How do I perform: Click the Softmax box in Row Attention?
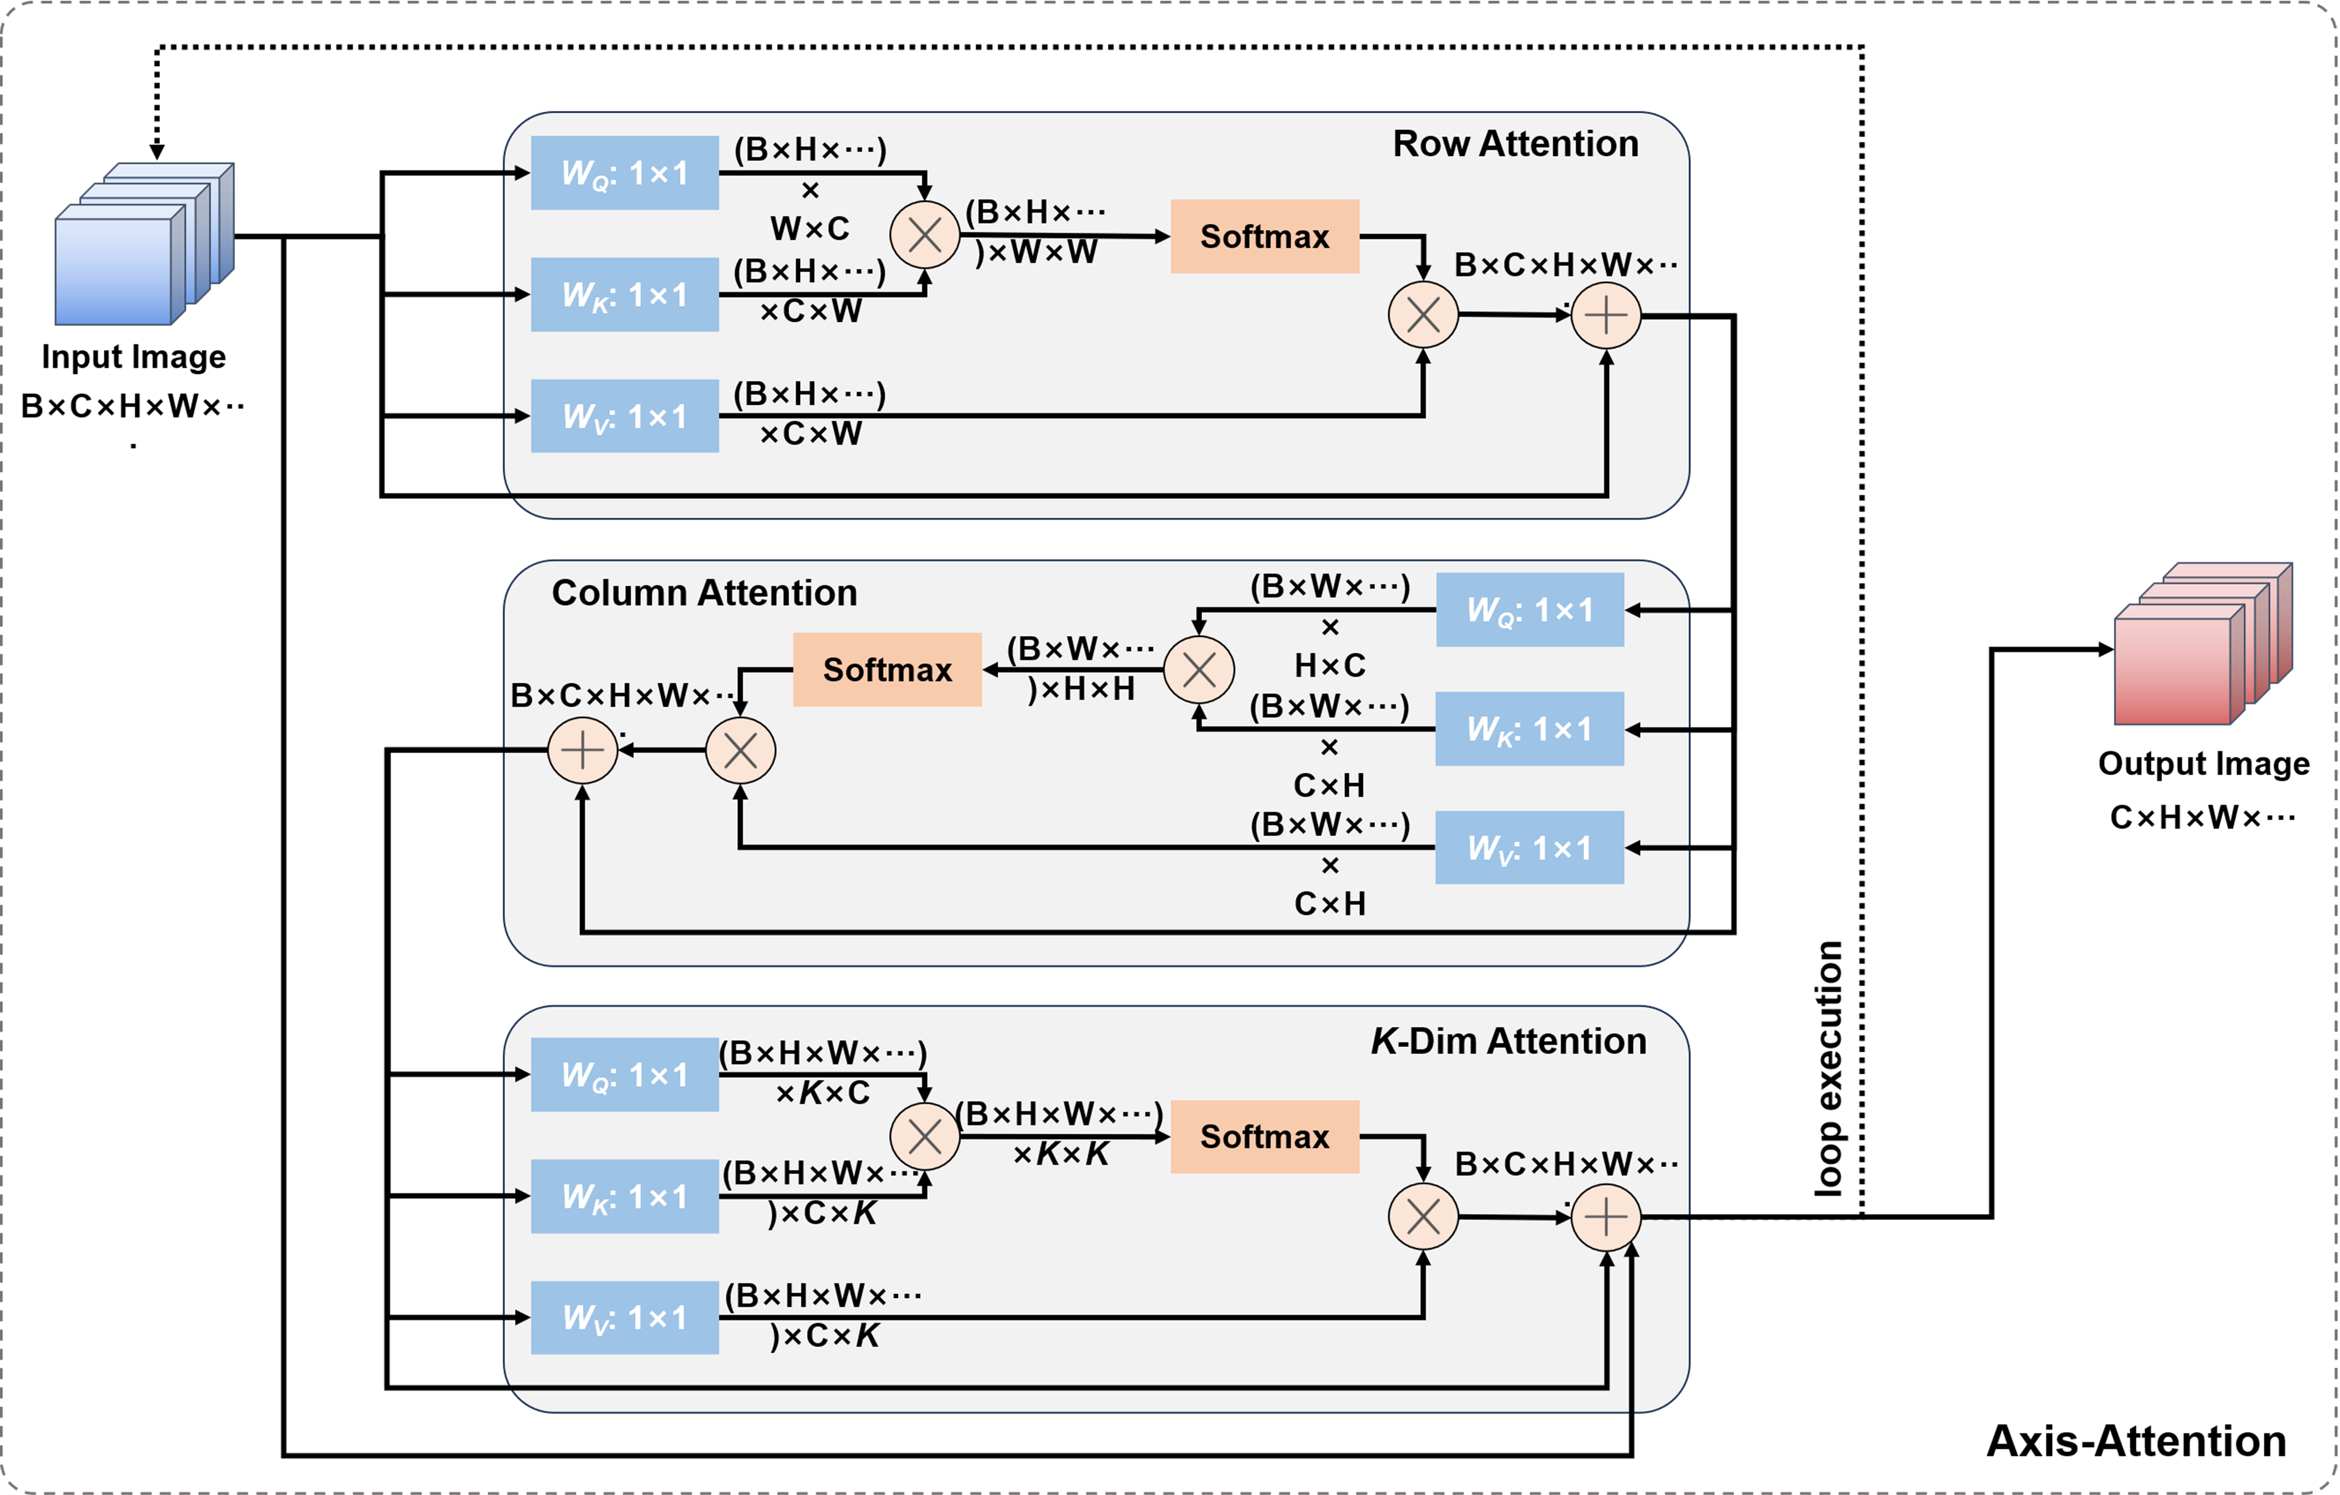pyautogui.click(x=1264, y=236)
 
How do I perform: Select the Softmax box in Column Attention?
pyautogui.click(x=887, y=670)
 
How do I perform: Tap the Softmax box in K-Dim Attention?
pyautogui.click(x=1264, y=1136)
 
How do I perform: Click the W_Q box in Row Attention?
pyautogui.click(x=625, y=173)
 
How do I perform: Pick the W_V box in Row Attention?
pyautogui.click(x=625, y=416)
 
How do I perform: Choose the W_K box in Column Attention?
pyautogui.click(x=1529, y=729)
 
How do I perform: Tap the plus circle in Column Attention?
pyautogui.click(x=583, y=750)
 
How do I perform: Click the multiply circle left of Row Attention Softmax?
pyautogui.click(x=924, y=235)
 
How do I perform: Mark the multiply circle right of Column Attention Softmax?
pyautogui.click(x=1199, y=670)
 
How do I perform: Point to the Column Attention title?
pyautogui.click(x=704, y=593)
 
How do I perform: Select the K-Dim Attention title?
pyautogui.click(x=1508, y=1041)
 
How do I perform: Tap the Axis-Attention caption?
pyautogui.click(x=2136, y=1441)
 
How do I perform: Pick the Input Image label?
pyautogui.click(x=134, y=357)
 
